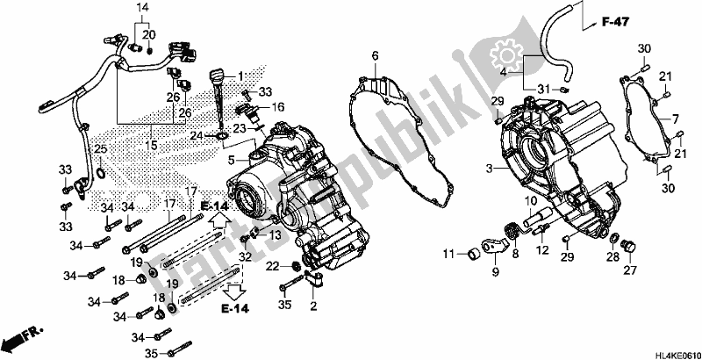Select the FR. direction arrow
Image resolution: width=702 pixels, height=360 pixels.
25,337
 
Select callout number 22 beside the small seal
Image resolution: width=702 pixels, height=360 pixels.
274,265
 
